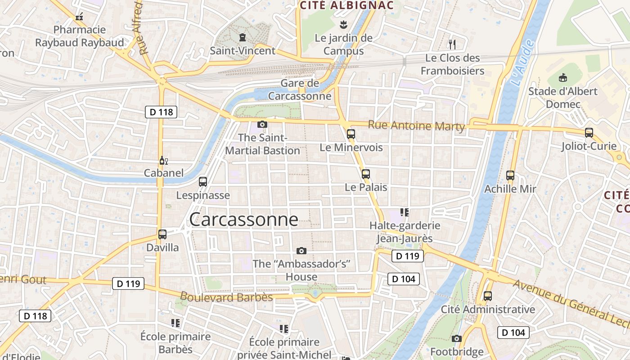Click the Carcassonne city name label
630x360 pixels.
[243, 220]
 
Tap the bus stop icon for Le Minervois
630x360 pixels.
[351, 134]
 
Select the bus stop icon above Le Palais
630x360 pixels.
[366, 174]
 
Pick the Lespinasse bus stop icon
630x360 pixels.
[203, 182]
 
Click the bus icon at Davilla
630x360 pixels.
[162, 234]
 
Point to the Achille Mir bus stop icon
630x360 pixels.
[510, 175]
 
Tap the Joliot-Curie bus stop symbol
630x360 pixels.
[589, 133]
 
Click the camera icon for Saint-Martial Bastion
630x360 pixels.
[262, 124]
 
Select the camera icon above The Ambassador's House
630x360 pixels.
[301, 251]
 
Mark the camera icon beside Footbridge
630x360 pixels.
[457, 338]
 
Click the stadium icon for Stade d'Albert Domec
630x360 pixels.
[563, 78]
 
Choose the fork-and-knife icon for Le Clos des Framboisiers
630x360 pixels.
[452, 44]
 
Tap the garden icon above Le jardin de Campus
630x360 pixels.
[343, 24]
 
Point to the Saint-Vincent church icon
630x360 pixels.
[243, 37]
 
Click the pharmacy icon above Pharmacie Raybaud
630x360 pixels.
[79, 17]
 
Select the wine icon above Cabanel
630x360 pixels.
[163, 160]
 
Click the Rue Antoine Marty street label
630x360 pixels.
[416, 126]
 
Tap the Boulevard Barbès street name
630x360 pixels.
[226, 297]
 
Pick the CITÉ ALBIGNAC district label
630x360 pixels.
[346, 5]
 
